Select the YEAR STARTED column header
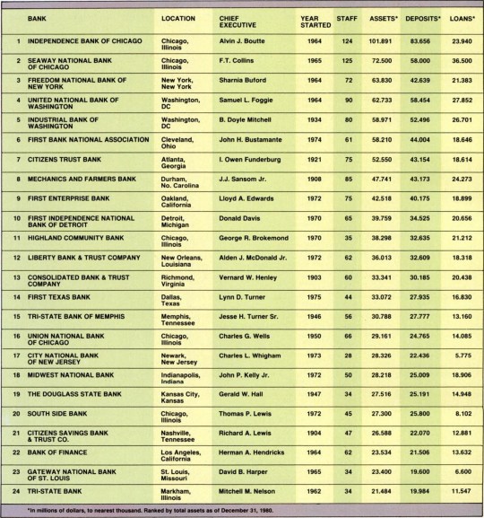pos(312,22)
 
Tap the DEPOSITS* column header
pos(419,18)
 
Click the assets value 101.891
pos(382,42)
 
